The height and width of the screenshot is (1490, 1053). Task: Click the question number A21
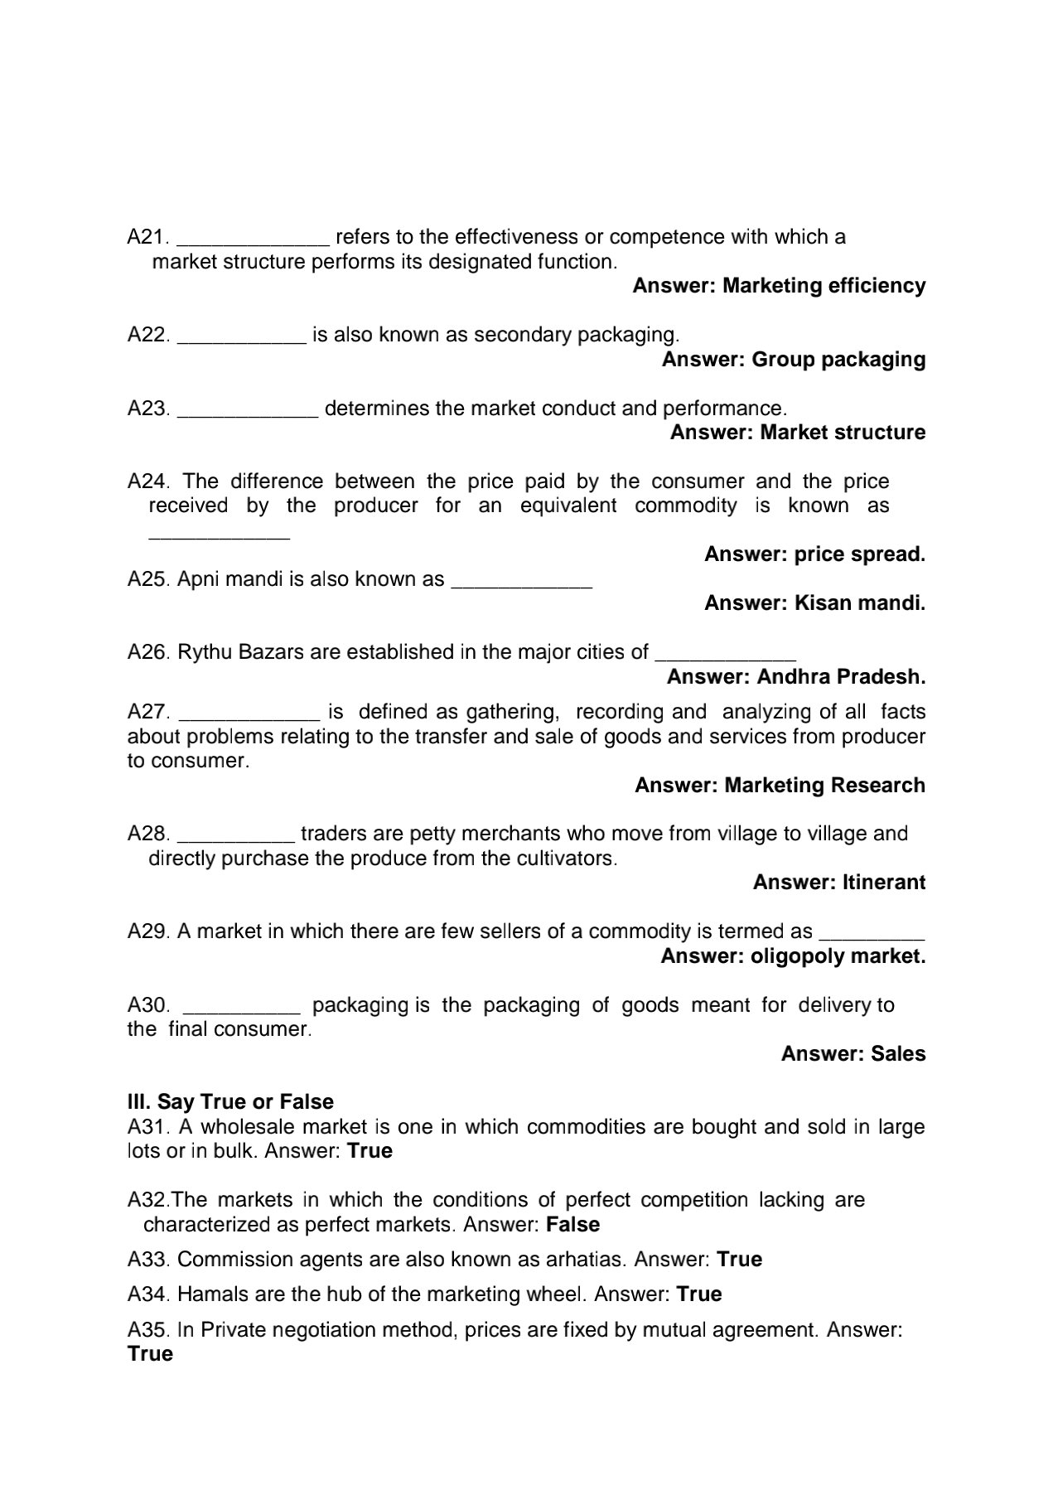point(147,237)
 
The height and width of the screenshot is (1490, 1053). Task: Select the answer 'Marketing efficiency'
point(824,286)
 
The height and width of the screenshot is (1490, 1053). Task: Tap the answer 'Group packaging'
point(838,360)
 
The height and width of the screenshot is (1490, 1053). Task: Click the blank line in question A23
point(248,412)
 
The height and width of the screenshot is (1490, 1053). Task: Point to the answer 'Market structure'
point(843,433)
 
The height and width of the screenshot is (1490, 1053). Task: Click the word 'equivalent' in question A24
point(568,506)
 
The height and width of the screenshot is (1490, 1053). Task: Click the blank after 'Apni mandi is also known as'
point(521,583)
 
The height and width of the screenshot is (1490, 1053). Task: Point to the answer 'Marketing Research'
point(824,786)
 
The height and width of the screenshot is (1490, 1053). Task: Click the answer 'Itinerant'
point(883,883)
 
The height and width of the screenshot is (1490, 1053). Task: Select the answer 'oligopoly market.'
point(838,956)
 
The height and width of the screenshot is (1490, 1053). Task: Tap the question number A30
point(147,1005)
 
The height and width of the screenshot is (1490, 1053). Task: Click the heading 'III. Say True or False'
point(230,1102)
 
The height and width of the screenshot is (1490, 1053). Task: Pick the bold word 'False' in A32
point(573,1225)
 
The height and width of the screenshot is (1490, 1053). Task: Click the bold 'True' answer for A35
point(150,1354)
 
